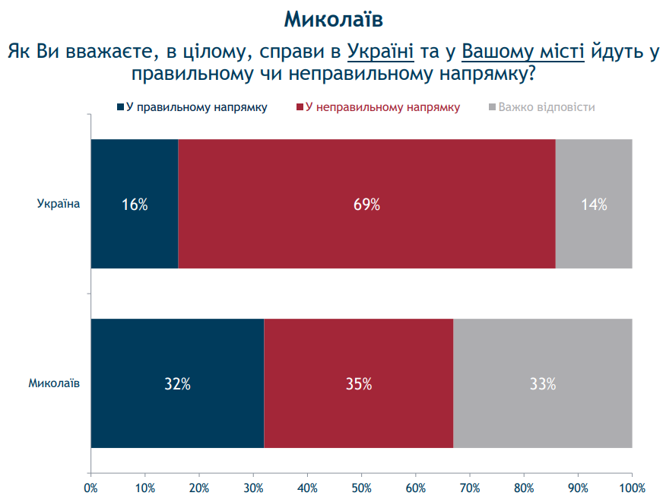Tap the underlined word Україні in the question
(x=380, y=52)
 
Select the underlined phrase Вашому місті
(x=523, y=52)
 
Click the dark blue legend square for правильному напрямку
(x=121, y=107)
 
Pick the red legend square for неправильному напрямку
(x=300, y=107)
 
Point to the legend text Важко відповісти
(x=546, y=107)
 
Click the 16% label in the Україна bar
(x=135, y=204)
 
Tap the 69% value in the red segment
(x=366, y=204)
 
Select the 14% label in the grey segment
(x=594, y=204)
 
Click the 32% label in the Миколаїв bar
(x=177, y=384)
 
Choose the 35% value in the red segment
(x=358, y=384)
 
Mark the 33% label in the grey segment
(x=543, y=384)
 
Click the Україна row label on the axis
(x=59, y=204)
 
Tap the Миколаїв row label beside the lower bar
(x=54, y=384)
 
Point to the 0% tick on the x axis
(x=90, y=488)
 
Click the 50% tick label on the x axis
(x=362, y=488)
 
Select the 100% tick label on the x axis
(x=632, y=488)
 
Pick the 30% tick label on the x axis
(x=253, y=488)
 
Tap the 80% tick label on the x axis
(x=524, y=488)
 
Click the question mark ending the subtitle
(x=531, y=75)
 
